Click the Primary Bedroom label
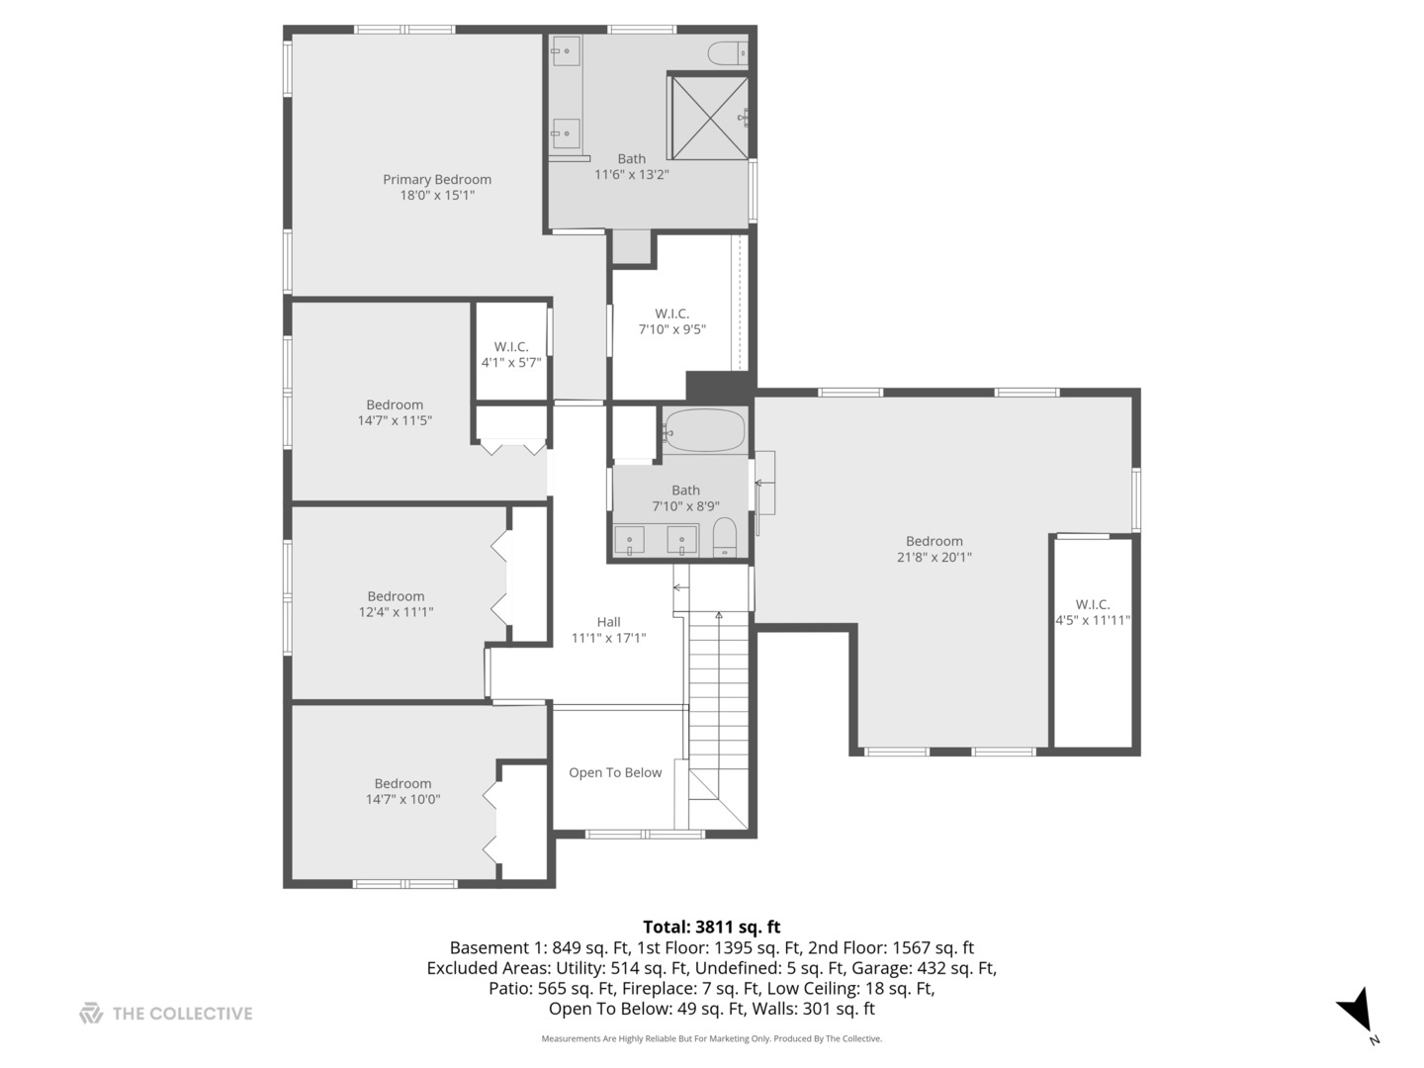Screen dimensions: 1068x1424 (x=437, y=179)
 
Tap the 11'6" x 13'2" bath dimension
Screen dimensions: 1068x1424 (x=631, y=175)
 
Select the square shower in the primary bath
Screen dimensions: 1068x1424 (x=709, y=117)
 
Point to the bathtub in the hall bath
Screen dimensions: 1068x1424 (x=703, y=430)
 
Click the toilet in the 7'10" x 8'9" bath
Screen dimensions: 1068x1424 (x=725, y=537)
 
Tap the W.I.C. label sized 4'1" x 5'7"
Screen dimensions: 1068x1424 (x=511, y=346)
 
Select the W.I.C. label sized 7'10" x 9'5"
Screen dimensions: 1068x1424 (x=671, y=313)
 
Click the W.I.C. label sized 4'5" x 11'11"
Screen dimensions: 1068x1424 (x=1093, y=604)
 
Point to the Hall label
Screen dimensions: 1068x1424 (x=608, y=621)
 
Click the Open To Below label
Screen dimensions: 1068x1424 (x=615, y=772)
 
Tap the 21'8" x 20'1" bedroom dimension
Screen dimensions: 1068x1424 (x=934, y=557)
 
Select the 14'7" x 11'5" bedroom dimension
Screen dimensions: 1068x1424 (x=395, y=420)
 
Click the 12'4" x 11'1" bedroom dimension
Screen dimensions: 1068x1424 (x=396, y=612)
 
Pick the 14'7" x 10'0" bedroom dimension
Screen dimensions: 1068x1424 (x=402, y=799)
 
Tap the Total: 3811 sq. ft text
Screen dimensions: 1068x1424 (x=711, y=927)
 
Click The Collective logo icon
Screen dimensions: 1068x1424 (x=91, y=1013)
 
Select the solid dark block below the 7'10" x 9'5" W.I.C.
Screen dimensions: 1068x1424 (x=719, y=385)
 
